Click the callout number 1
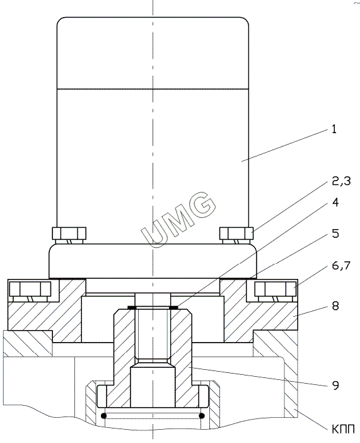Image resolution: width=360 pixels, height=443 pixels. [x=334, y=129]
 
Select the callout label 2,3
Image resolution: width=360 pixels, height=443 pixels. [x=341, y=181]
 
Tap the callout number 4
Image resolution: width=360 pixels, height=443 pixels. [x=335, y=202]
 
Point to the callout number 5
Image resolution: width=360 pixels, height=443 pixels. [x=335, y=233]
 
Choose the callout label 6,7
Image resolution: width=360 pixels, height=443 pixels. [x=341, y=265]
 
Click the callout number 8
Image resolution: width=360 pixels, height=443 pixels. [x=335, y=305]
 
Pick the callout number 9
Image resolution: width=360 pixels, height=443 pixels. [x=335, y=385]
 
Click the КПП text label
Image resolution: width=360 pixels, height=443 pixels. [x=343, y=429]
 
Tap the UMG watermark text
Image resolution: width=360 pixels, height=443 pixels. [x=178, y=219]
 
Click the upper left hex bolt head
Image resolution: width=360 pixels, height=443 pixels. [x=69, y=233]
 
